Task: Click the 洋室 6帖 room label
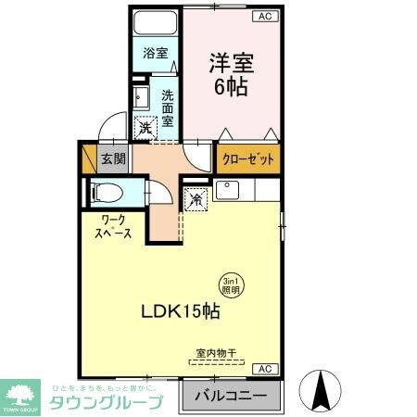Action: pos(231,76)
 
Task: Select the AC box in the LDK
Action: pos(263,369)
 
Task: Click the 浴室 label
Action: pos(156,54)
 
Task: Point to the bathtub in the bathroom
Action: pos(154,25)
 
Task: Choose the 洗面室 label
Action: pos(168,107)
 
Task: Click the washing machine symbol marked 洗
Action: pos(145,130)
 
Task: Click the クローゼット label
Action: pos(248,159)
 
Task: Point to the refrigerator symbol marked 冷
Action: pos(196,197)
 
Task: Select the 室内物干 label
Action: pos(216,353)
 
